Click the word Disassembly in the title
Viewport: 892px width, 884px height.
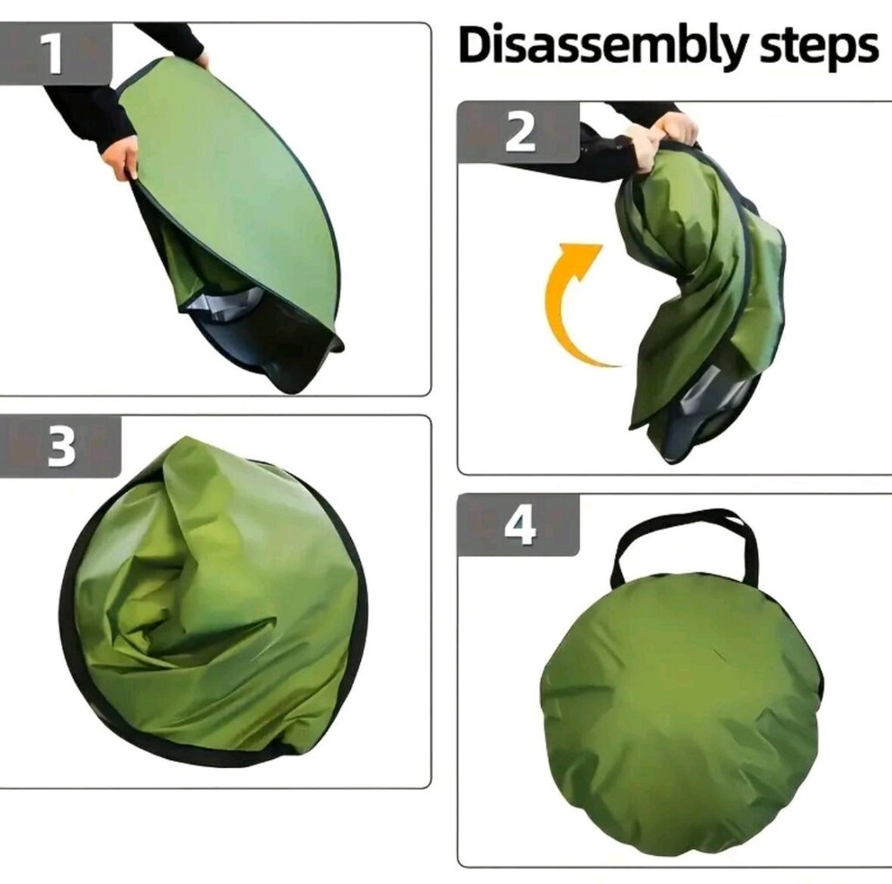coord(602,46)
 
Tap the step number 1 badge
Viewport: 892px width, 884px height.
coord(56,53)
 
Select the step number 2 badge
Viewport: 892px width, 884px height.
coord(519,132)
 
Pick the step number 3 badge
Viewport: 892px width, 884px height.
coord(60,447)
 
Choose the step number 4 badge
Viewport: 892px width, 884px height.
coord(519,525)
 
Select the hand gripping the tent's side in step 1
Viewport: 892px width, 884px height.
coord(121,158)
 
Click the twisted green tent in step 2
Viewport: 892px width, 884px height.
coord(706,296)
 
